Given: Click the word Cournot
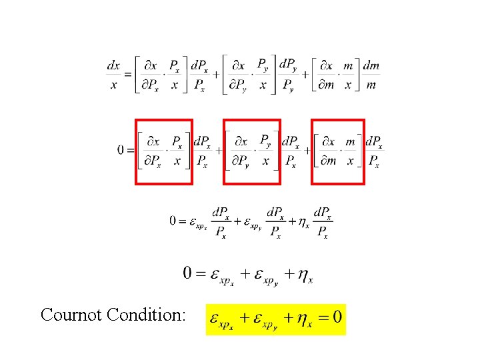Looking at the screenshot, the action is pos(71,314).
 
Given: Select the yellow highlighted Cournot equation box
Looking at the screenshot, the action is pos(276,319).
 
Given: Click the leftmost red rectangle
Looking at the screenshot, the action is pos(164,151).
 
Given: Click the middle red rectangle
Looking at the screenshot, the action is pos(251,151).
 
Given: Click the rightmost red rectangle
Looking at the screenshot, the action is pos(339,151).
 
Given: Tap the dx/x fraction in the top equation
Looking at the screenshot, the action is pos(114,75).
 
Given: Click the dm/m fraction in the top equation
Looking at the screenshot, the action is pos(371,75).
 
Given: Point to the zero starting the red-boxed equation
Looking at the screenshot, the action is pos(121,151).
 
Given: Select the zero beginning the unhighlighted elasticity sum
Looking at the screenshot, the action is pos(189,273).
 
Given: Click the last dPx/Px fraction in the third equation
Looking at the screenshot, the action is pos(323,222).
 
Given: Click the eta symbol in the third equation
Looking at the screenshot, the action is pos(303,222).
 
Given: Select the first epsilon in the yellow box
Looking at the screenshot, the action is pos(216,317).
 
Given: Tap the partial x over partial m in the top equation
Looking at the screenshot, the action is pos(327,75).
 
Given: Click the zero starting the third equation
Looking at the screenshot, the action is pos(173,221).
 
